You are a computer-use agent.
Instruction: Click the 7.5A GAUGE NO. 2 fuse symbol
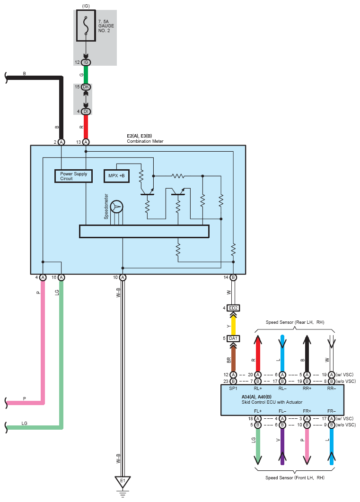point(86,26)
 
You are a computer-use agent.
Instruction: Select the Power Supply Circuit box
point(74,176)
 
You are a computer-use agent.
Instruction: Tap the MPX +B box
point(116,176)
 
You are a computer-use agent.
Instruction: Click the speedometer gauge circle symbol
point(116,207)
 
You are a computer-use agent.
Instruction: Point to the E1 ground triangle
point(123,482)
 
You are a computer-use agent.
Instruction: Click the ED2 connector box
point(233,308)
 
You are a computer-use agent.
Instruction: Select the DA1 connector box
point(233,338)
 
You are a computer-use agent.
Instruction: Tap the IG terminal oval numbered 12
point(86,62)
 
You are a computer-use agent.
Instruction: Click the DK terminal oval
point(86,87)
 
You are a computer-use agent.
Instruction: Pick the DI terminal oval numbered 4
point(86,112)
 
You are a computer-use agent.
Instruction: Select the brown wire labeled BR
point(233,359)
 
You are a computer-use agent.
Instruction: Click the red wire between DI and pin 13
point(86,127)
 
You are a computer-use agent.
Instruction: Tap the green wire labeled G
point(86,75)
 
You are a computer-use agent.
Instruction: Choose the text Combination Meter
point(145,141)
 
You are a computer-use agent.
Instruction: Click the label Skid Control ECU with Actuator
point(272,402)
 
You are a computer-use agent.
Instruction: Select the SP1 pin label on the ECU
point(233,389)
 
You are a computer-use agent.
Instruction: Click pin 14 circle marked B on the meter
point(233,277)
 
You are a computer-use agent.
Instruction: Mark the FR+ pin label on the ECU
point(307,411)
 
